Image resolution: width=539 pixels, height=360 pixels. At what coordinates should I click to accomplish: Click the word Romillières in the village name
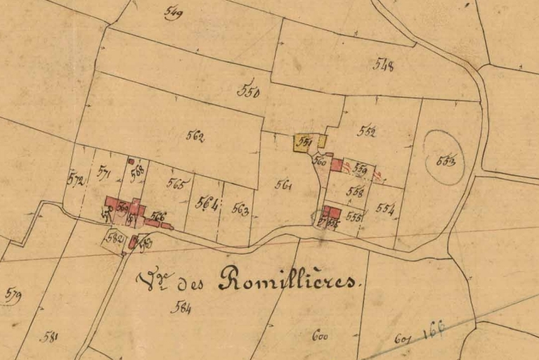click(288, 280)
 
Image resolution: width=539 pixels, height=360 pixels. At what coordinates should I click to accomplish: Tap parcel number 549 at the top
click(172, 12)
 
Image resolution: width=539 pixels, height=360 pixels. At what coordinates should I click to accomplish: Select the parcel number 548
click(384, 65)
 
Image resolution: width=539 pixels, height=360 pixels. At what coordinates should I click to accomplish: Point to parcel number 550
click(249, 91)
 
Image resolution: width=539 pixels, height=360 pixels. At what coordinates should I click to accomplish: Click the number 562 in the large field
click(195, 136)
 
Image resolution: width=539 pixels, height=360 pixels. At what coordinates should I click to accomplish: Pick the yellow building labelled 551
click(304, 143)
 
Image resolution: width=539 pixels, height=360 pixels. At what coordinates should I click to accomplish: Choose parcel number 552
click(365, 131)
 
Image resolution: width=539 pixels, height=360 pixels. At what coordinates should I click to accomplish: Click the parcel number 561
click(284, 185)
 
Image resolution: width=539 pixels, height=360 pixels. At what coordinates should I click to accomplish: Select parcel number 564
click(207, 202)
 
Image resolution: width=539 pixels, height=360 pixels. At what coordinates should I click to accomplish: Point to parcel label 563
click(240, 209)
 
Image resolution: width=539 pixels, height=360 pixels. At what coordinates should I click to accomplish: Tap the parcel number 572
click(75, 179)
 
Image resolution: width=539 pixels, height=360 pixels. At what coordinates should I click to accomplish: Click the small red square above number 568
click(131, 161)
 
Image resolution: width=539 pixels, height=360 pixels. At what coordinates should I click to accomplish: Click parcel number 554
click(384, 208)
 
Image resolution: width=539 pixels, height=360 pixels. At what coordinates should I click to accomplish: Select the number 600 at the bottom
click(320, 336)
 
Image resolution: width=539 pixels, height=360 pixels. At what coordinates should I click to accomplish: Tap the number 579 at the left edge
click(12, 295)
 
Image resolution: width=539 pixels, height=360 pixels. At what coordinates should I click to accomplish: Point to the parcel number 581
click(48, 337)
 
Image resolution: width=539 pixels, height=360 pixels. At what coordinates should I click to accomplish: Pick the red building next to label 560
click(337, 165)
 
